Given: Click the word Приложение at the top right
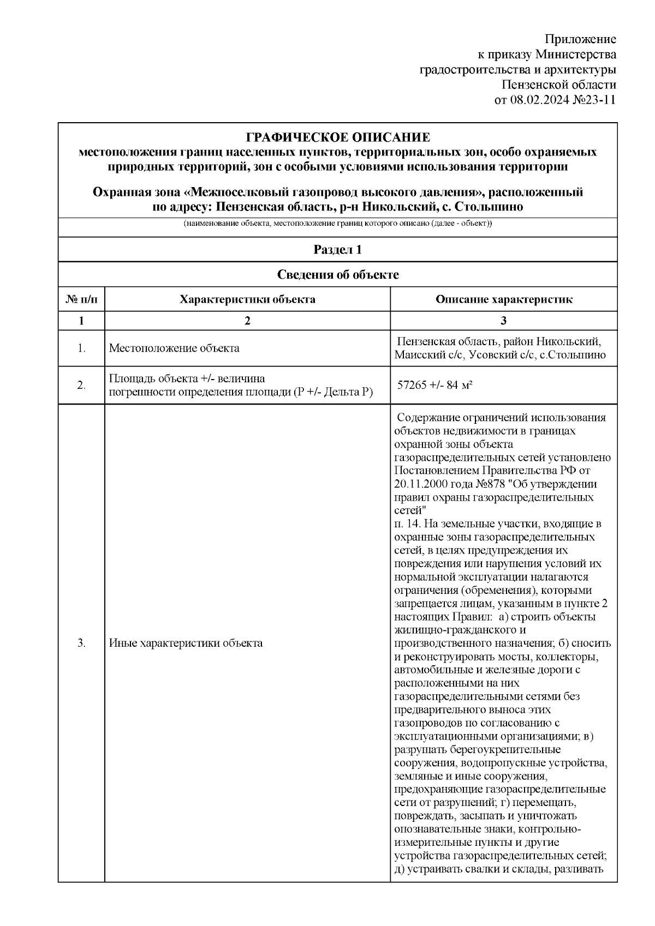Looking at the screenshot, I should (x=581, y=39).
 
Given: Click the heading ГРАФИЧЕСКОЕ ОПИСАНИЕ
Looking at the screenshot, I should (x=338, y=137).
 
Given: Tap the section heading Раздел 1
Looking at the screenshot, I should (x=338, y=250).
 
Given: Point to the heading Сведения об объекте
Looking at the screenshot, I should (x=338, y=275).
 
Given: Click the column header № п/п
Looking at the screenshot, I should (x=81, y=299).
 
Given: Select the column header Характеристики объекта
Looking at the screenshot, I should (x=247, y=299).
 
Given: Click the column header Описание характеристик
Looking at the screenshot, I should (x=503, y=299).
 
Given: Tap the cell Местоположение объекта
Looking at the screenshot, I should (x=174, y=348).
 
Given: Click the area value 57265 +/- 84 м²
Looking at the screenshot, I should (x=434, y=386).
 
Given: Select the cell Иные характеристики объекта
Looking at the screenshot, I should (x=186, y=643).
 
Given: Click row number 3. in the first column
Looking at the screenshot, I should (x=81, y=643).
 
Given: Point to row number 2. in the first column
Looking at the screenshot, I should (x=81, y=386).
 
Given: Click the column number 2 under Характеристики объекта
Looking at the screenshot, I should (x=247, y=321).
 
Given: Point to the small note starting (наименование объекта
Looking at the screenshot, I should (x=338, y=225).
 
